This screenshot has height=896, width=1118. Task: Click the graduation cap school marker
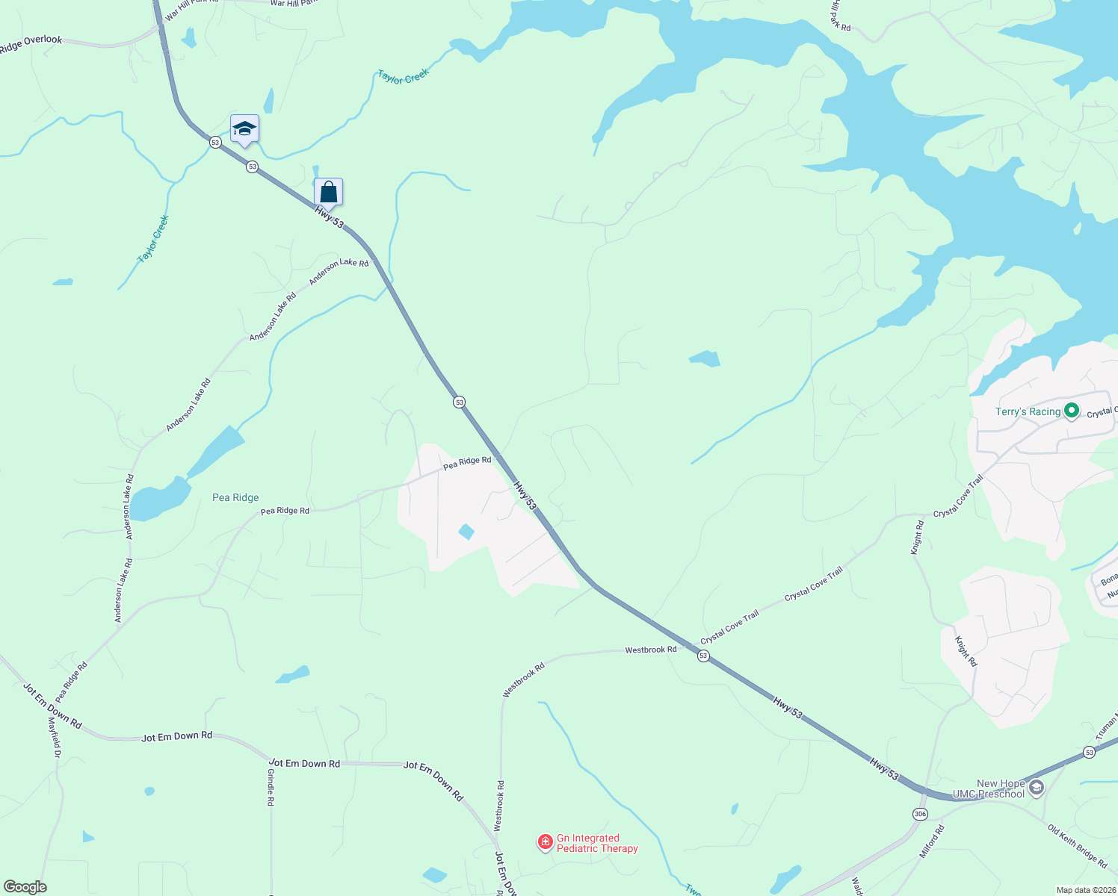pyautogui.click(x=244, y=130)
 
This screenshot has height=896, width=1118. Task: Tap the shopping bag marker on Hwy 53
pyautogui.click(x=328, y=193)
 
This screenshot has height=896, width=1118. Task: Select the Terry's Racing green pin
pyautogui.click(x=1072, y=411)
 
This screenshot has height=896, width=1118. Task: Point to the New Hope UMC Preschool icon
pyautogui.click(x=1036, y=788)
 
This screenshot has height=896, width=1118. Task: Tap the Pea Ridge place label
pyautogui.click(x=235, y=497)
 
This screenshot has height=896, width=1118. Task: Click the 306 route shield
pyautogui.click(x=920, y=814)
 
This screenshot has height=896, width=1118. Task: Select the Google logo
pyautogui.click(x=25, y=887)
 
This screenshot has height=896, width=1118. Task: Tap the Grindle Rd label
pyautogui.click(x=271, y=787)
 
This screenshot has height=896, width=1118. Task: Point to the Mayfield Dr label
pyautogui.click(x=55, y=738)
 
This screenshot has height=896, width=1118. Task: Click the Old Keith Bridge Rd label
pyautogui.click(x=1077, y=846)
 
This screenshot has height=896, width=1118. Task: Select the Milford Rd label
pyautogui.click(x=932, y=841)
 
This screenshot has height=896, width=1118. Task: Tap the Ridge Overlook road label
pyautogui.click(x=31, y=45)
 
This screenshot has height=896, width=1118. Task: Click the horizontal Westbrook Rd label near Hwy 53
pyautogui.click(x=651, y=650)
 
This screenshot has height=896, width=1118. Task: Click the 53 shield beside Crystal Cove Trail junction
pyautogui.click(x=703, y=656)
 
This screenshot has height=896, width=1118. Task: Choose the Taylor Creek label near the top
pyautogui.click(x=403, y=76)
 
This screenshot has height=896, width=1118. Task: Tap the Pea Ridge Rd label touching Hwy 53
pyautogui.click(x=467, y=463)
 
